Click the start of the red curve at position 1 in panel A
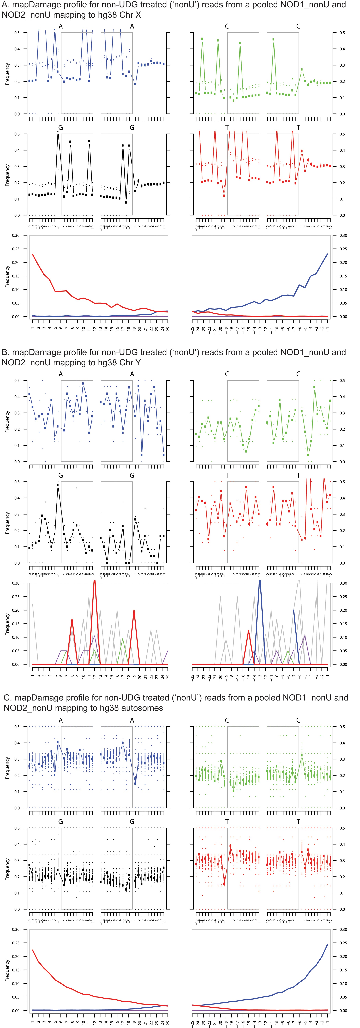pos(32,254)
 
